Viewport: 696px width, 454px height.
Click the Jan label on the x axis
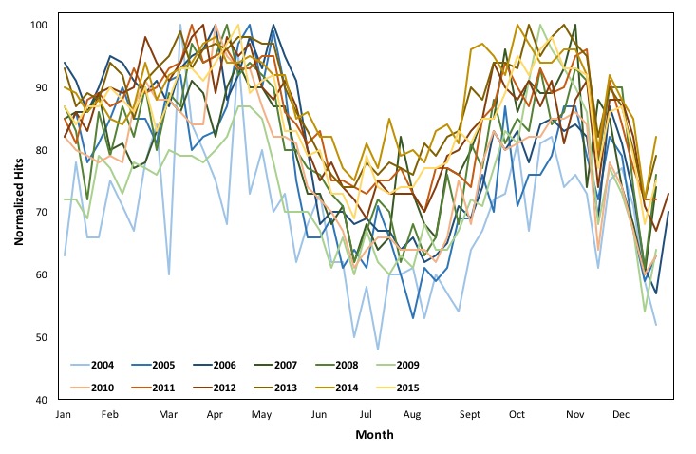click(x=64, y=415)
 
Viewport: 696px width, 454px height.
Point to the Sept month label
click(x=470, y=415)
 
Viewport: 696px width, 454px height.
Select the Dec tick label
click(x=621, y=415)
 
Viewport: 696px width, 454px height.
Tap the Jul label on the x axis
click(x=366, y=415)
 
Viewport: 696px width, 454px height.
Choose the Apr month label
click(x=215, y=415)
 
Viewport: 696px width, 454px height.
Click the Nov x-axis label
click(x=574, y=415)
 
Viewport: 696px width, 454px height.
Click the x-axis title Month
click(x=374, y=435)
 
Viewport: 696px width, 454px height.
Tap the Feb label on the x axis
click(x=110, y=415)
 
